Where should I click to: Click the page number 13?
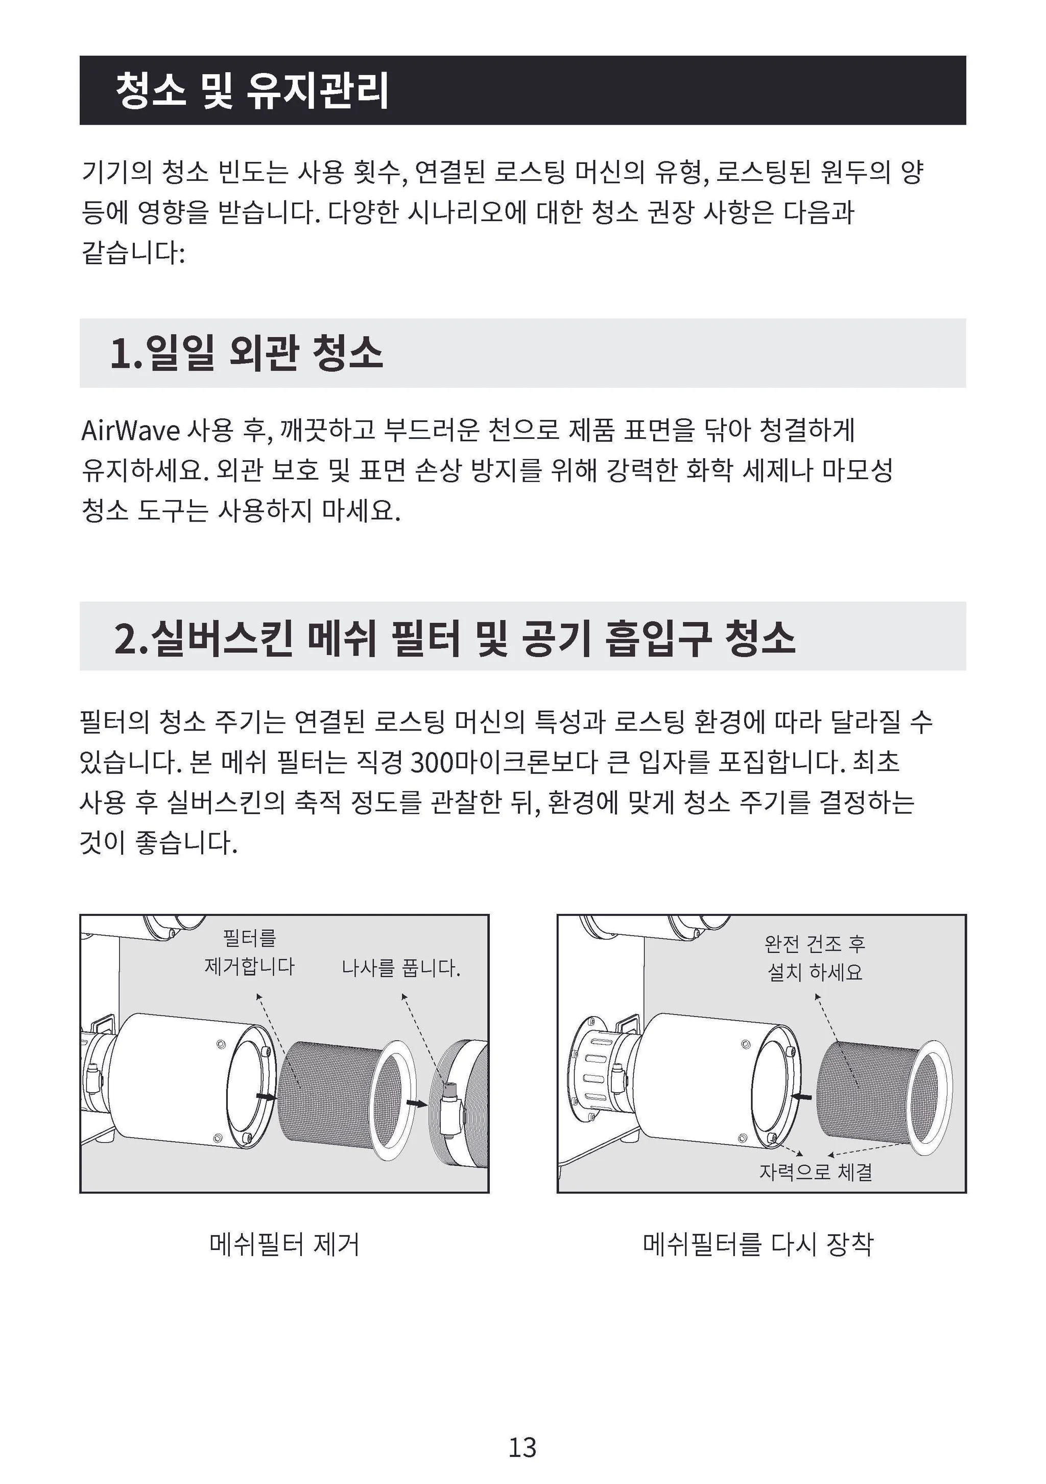(x=522, y=1447)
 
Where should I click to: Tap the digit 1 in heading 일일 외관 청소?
(x=121, y=354)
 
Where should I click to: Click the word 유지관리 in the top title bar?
(x=317, y=90)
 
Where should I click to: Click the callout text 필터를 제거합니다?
(x=249, y=951)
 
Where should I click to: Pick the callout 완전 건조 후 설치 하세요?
(x=815, y=958)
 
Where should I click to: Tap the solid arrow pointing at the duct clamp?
(x=417, y=1103)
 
